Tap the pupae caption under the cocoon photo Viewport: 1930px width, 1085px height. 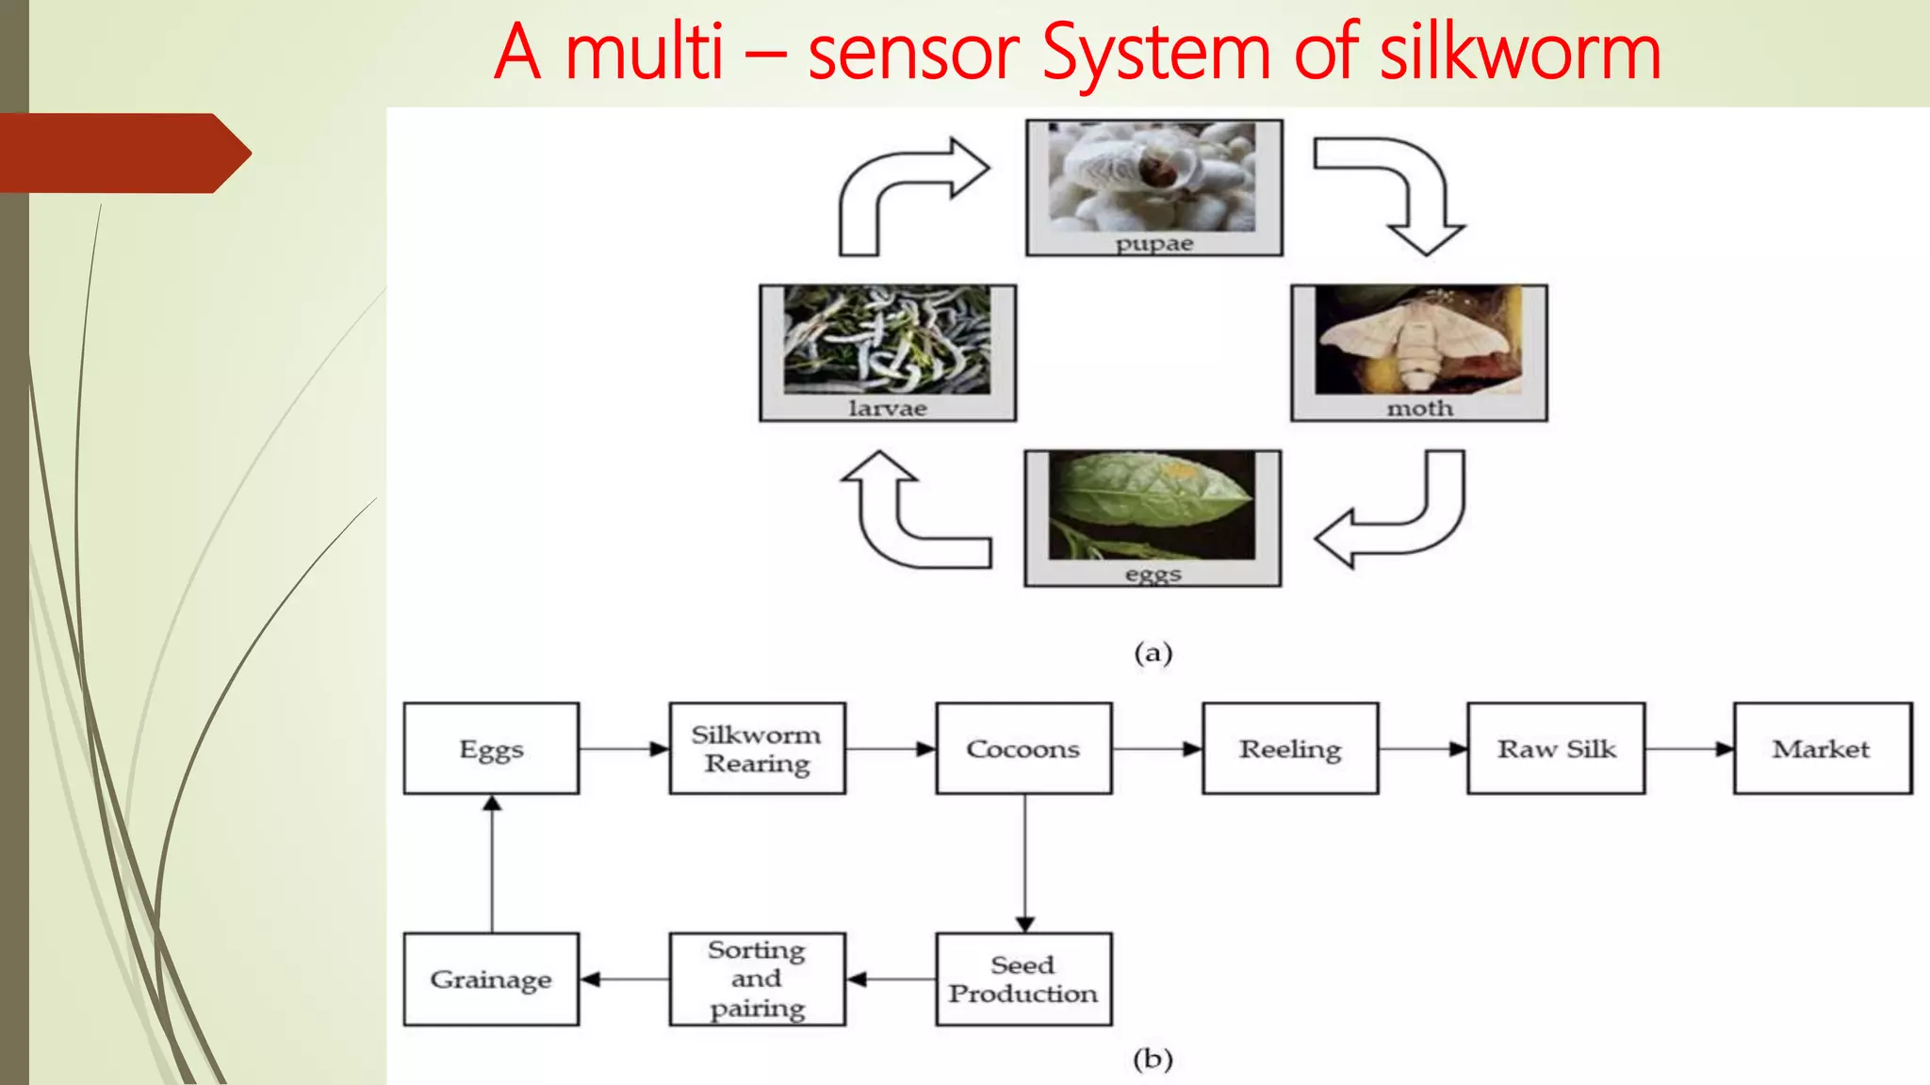click(1153, 244)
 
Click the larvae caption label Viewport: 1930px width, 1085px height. click(887, 409)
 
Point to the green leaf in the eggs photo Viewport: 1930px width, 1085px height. click(1152, 494)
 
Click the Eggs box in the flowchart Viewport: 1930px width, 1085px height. click(491, 749)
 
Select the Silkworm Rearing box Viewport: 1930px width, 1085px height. click(757, 749)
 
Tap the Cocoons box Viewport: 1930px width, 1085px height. click(1023, 749)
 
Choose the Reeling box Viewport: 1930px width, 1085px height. click(1289, 749)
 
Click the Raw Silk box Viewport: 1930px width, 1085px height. click(1556, 749)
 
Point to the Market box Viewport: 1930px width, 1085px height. click(1822, 749)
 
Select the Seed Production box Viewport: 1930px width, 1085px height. click(1023, 980)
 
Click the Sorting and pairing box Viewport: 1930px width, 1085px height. click(757, 980)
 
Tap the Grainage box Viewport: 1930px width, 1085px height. click(491, 980)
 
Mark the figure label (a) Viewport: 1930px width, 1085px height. click(1153, 653)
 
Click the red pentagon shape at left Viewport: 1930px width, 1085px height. click(123, 154)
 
